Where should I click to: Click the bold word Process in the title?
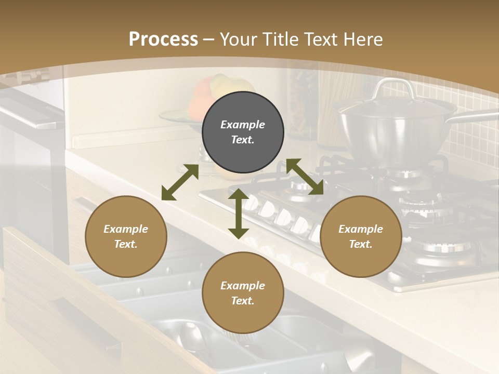[163, 39]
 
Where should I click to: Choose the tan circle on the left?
[126, 236]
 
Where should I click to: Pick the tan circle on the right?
[361, 236]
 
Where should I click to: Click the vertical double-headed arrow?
[238, 213]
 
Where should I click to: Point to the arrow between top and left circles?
[180, 182]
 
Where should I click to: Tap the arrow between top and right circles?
[305, 177]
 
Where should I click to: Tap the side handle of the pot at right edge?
[478, 117]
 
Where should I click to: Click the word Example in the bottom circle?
[243, 286]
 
